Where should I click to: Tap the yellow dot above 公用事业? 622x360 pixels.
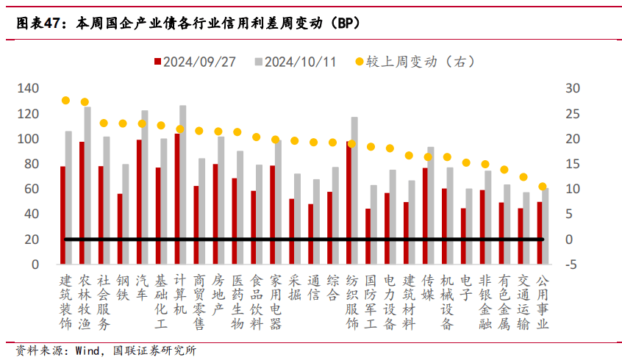(x=543, y=187)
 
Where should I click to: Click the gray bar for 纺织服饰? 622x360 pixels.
(x=354, y=190)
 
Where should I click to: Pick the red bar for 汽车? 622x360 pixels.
(x=139, y=202)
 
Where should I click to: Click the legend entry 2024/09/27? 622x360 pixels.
(x=195, y=62)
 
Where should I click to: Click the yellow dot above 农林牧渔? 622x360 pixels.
(x=85, y=102)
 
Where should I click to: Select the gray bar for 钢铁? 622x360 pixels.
(x=126, y=214)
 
